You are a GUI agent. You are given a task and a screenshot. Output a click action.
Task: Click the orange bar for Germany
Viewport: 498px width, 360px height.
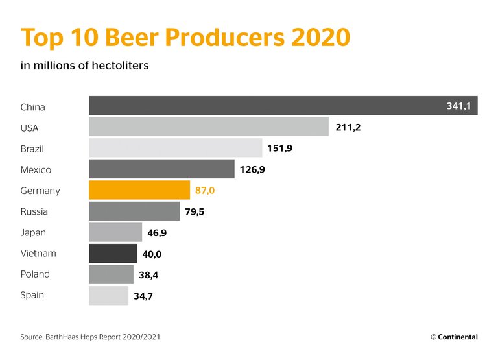point(139,190)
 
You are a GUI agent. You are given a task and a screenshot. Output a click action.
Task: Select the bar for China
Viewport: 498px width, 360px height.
point(283,106)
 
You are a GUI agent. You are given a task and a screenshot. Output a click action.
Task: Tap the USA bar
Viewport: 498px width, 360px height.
point(208,127)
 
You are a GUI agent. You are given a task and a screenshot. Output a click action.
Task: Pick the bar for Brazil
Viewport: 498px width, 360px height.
point(175,148)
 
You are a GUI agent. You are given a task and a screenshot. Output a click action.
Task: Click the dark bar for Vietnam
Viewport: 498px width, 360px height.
point(113,253)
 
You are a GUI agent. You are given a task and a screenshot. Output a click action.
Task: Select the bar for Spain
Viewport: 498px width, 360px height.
point(108,295)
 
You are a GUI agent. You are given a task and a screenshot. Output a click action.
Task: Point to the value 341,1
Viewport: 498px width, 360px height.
point(458,106)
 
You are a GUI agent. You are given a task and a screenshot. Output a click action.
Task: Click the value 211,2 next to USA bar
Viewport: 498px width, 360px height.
point(348,127)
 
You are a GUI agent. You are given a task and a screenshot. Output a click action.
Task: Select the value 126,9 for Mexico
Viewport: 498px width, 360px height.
point(253,170)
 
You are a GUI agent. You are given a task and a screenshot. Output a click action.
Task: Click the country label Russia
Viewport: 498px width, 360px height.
point(34,211)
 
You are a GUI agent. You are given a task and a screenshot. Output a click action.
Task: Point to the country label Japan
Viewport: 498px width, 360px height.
point(33,232)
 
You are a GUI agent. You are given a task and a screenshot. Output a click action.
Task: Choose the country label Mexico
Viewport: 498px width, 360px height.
point(36,170)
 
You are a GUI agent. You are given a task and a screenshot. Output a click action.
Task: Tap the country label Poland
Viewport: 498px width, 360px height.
point(35,274)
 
